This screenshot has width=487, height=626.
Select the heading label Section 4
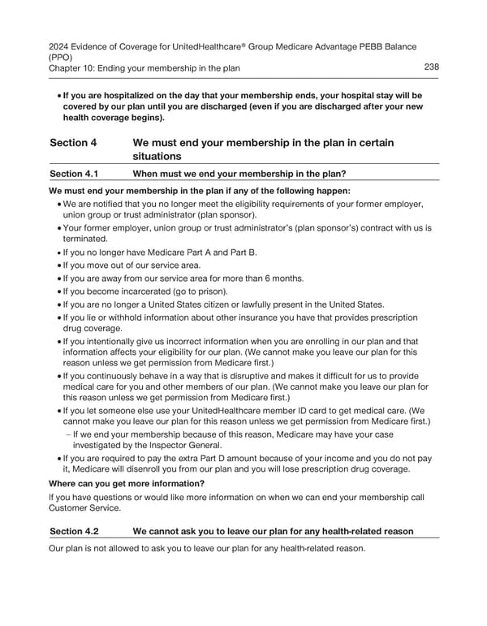click(x=73, y=143)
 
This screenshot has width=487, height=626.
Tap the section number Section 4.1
click(x=74, y=173)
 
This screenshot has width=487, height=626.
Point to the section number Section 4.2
click(x=74, y=531)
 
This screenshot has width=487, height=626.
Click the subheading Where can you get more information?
click(x=127, y=483)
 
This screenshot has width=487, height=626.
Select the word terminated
click(x=84, y=239)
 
